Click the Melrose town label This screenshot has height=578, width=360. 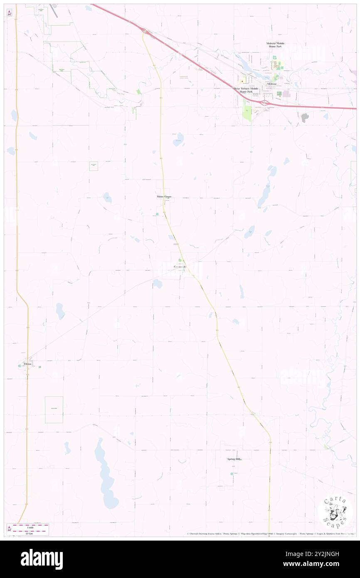point(272,84)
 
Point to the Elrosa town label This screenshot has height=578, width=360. point(28,363)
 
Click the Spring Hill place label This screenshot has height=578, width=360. point(233,459)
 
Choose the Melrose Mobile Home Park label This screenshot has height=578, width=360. point(275,45)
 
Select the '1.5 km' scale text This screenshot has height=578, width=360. point(28,534)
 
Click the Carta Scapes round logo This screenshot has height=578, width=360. point(335,512)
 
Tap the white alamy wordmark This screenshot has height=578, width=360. point(42,559)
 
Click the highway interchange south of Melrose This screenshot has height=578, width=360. point(264,102)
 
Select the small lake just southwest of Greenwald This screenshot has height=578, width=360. point(158,284)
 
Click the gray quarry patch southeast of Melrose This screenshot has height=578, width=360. point(305,118)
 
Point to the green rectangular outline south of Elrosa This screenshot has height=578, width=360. point(54,410)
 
